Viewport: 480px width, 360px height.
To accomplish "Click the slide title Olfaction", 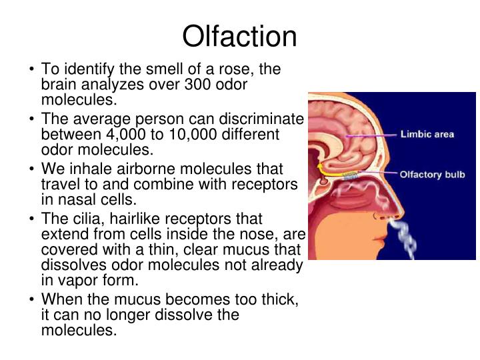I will pos(240,37).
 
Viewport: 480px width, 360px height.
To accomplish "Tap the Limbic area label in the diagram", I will pos(427,134).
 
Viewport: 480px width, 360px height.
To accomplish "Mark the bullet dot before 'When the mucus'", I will pos(33,299).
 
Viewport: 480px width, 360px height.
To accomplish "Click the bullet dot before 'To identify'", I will pos(33,70).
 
